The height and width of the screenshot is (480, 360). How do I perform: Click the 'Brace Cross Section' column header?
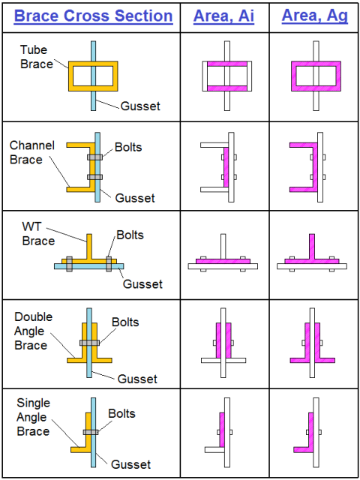pos(93,16)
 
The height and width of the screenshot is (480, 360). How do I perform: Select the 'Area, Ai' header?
pos(223,16)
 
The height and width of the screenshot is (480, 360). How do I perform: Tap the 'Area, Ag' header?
pos(315,16)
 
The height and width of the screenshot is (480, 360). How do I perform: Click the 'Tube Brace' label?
pos(37,57)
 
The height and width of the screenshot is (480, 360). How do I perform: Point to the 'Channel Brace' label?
pos(32,152)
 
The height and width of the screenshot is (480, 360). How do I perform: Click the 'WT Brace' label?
pos(38,234)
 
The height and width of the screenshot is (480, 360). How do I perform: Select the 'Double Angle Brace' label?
pos(33,331)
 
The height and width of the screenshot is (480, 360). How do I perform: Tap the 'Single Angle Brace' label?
pos(33,417)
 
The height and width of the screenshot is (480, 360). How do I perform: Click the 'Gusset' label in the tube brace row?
pos(140,106)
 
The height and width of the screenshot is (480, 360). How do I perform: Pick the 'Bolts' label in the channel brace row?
pos(128,147)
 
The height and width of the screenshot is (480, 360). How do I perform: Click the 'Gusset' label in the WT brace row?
pos(142,284)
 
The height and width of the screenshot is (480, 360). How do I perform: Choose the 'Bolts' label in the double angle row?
pos(125,322)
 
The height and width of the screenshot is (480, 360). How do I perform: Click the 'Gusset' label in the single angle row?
pos(130,464)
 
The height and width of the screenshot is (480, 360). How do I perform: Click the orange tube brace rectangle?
pos(70,76)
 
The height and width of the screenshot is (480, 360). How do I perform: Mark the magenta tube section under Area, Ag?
pos(293,76)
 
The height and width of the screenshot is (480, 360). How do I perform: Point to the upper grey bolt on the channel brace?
pos(95,157)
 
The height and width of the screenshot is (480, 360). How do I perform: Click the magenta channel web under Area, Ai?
pos(226,167)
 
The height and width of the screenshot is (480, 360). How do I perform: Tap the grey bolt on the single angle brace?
pos(91,432)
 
